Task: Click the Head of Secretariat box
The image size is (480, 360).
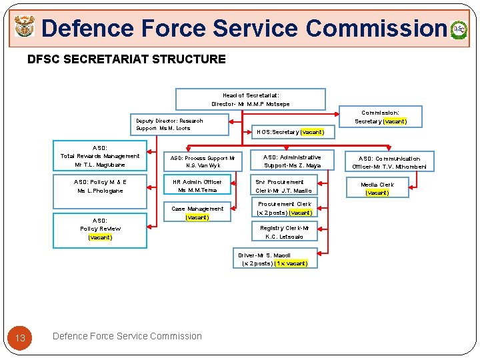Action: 251,99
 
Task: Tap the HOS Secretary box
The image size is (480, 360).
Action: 291,132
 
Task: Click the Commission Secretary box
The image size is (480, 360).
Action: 381,117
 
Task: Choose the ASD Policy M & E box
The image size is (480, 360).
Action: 100,186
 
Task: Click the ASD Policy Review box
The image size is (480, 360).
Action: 100,229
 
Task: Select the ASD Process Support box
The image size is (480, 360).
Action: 203,162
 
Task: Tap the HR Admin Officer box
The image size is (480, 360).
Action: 197,186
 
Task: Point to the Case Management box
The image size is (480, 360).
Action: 198,213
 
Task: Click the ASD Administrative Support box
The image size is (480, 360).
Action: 292,161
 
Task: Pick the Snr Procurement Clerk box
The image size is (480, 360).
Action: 283,186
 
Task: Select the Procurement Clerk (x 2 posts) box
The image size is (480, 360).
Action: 285,209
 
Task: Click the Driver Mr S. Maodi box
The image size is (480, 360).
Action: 275,259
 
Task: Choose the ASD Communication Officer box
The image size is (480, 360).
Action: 389,163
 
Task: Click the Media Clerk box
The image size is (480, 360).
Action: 377,189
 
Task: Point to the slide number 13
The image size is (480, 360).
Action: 21,338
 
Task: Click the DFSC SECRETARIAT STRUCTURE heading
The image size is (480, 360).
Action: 127,59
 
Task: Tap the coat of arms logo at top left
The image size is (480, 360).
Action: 25,28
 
